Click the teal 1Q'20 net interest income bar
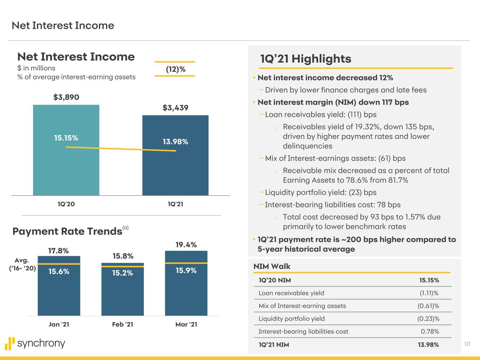(66, 169)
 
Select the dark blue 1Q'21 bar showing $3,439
(175, 172)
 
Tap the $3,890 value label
(66, 97)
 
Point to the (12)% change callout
(175, 69)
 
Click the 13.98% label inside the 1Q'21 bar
(175, 142)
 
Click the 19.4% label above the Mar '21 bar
(186, 244)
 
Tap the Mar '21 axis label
(186, 324)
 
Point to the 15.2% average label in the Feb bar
(122, 273)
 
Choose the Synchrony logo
(35, 343)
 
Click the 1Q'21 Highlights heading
(306, 59)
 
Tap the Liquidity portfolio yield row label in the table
(292, 319)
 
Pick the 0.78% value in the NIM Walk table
(430, 331)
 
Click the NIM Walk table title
(272, 266)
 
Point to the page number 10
(467, 344)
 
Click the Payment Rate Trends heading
(67, 231)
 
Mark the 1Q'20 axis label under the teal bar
(66, 204)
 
